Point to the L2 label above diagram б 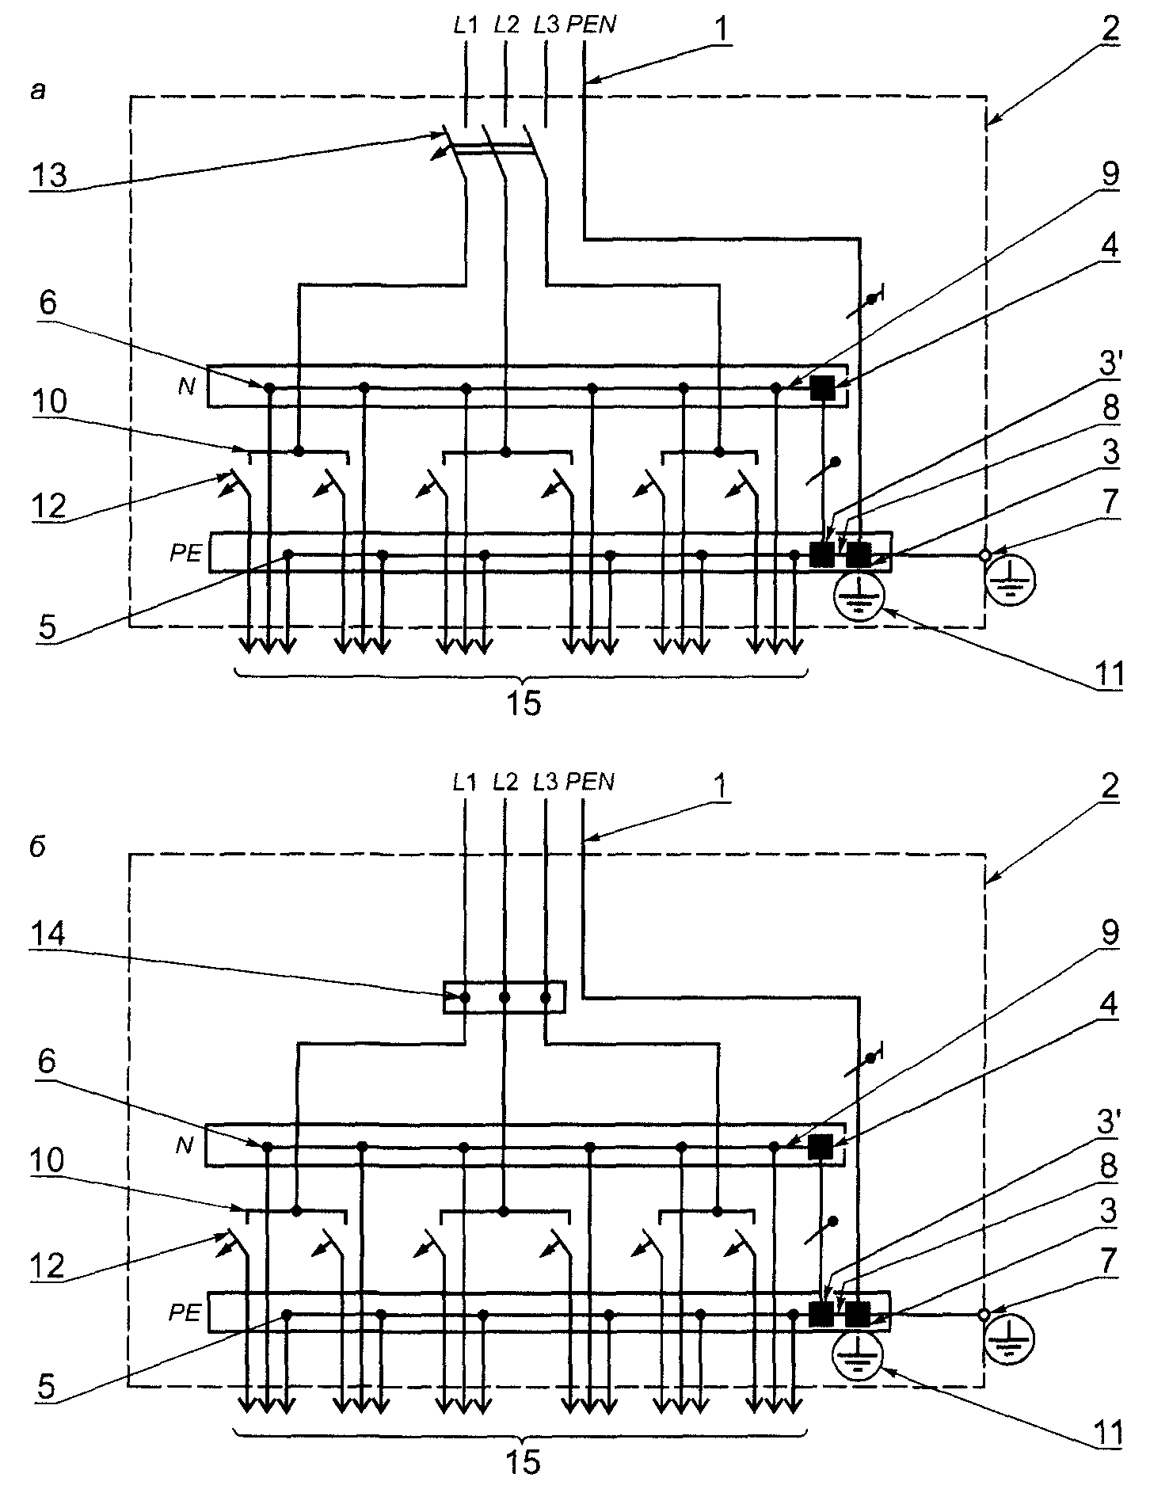click(505, 782)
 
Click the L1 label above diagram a click(466, 25)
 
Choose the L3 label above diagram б click(546, 782)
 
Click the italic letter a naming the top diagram click(38, 93)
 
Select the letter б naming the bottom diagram click(38, 847)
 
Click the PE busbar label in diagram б click(186, 1312)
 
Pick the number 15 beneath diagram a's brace click(524, 703)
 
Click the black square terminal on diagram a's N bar click(823, 387)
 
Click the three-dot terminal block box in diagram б click(504, 997)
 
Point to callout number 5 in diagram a click(48, 628)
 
